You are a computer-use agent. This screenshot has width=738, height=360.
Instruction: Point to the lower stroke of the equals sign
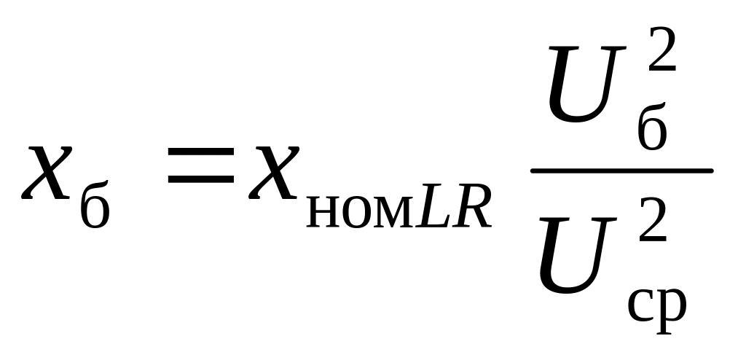(200, 179)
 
